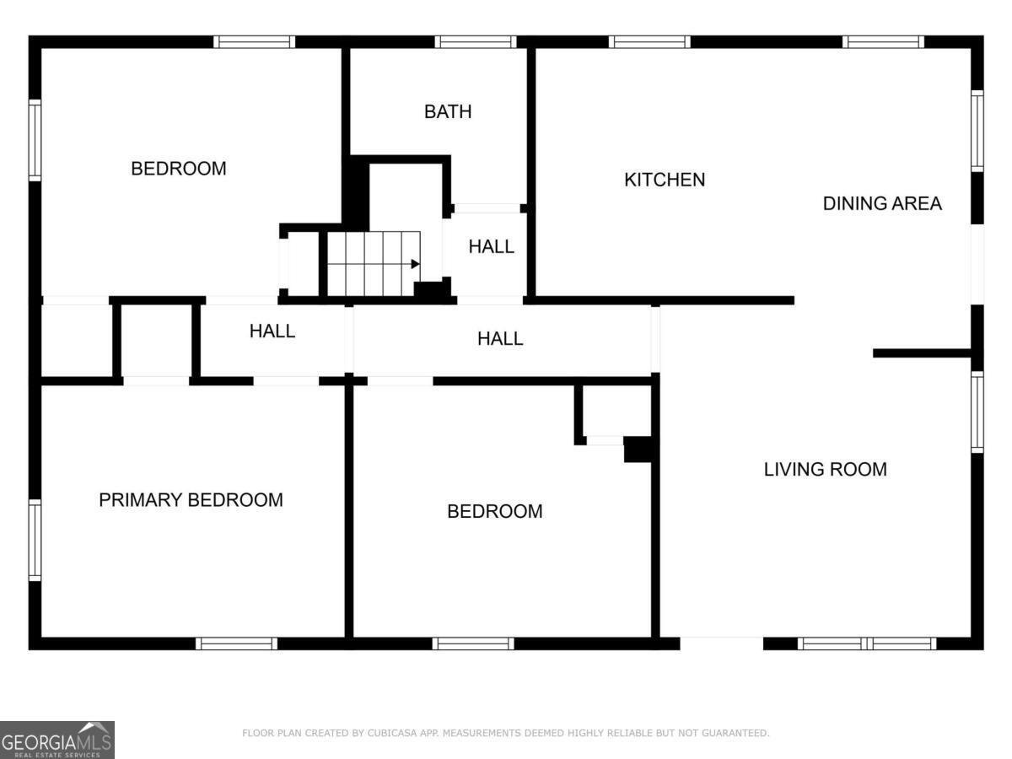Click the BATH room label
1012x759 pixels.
pos(448,111)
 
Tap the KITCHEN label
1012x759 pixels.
pos(665,180)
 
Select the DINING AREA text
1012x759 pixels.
pos(882,203)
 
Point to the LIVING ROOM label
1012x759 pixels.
pos(825,469)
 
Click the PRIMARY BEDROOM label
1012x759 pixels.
pos(191,500)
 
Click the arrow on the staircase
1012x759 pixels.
pos(415,264)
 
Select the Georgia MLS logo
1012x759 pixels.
pos(57,740)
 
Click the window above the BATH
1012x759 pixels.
pos(476,41)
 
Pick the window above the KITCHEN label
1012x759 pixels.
pos(649,41)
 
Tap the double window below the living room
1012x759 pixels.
pos(867,643)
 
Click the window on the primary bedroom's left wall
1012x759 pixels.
pos(35,540)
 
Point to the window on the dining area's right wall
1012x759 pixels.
pos(977,131)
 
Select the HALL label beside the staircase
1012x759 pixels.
pos(492,247)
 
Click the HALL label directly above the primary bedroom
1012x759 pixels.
pos(272,331)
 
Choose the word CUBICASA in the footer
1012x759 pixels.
pos(394,734)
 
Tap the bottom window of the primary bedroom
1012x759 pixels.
pos(236,643)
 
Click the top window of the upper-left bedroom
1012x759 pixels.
pos(254,41)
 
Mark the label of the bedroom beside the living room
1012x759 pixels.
pos(494,511)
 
